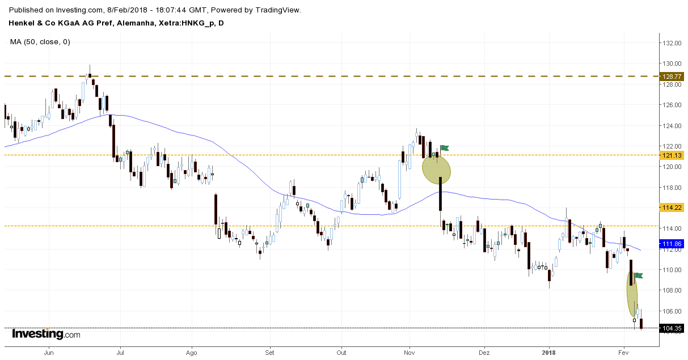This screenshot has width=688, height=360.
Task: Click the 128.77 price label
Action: (672, 76)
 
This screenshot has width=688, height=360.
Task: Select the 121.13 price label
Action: (672, 155)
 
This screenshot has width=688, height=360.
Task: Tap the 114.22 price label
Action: (672, 207)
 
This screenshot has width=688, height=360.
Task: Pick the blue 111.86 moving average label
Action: (672, 244)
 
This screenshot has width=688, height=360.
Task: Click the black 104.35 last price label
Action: (672, 328)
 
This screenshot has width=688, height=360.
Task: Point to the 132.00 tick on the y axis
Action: (672, 43)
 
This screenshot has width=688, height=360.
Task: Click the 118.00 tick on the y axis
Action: (672, 188)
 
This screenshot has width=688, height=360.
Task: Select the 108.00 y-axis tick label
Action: (672, 290)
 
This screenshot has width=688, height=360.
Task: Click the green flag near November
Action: (444, 149)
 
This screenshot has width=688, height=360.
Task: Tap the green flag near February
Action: (639, 276)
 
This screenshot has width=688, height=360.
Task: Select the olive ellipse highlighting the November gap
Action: (436, 169)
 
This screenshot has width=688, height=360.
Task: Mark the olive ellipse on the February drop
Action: (632, 294)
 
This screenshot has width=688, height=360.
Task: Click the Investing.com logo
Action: (46, 334)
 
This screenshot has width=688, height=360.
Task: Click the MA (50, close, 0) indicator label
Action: (40, 41)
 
